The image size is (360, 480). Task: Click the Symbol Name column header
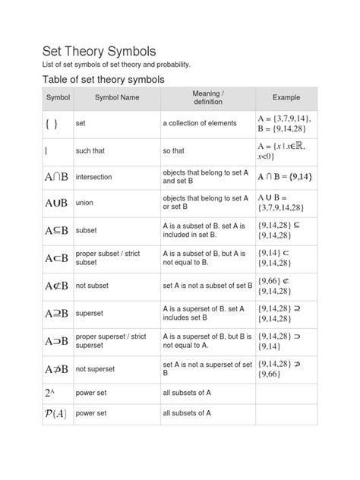tap(117, 98)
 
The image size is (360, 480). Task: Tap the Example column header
tap(287, 98)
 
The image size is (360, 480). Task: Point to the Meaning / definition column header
tap(207, 97)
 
